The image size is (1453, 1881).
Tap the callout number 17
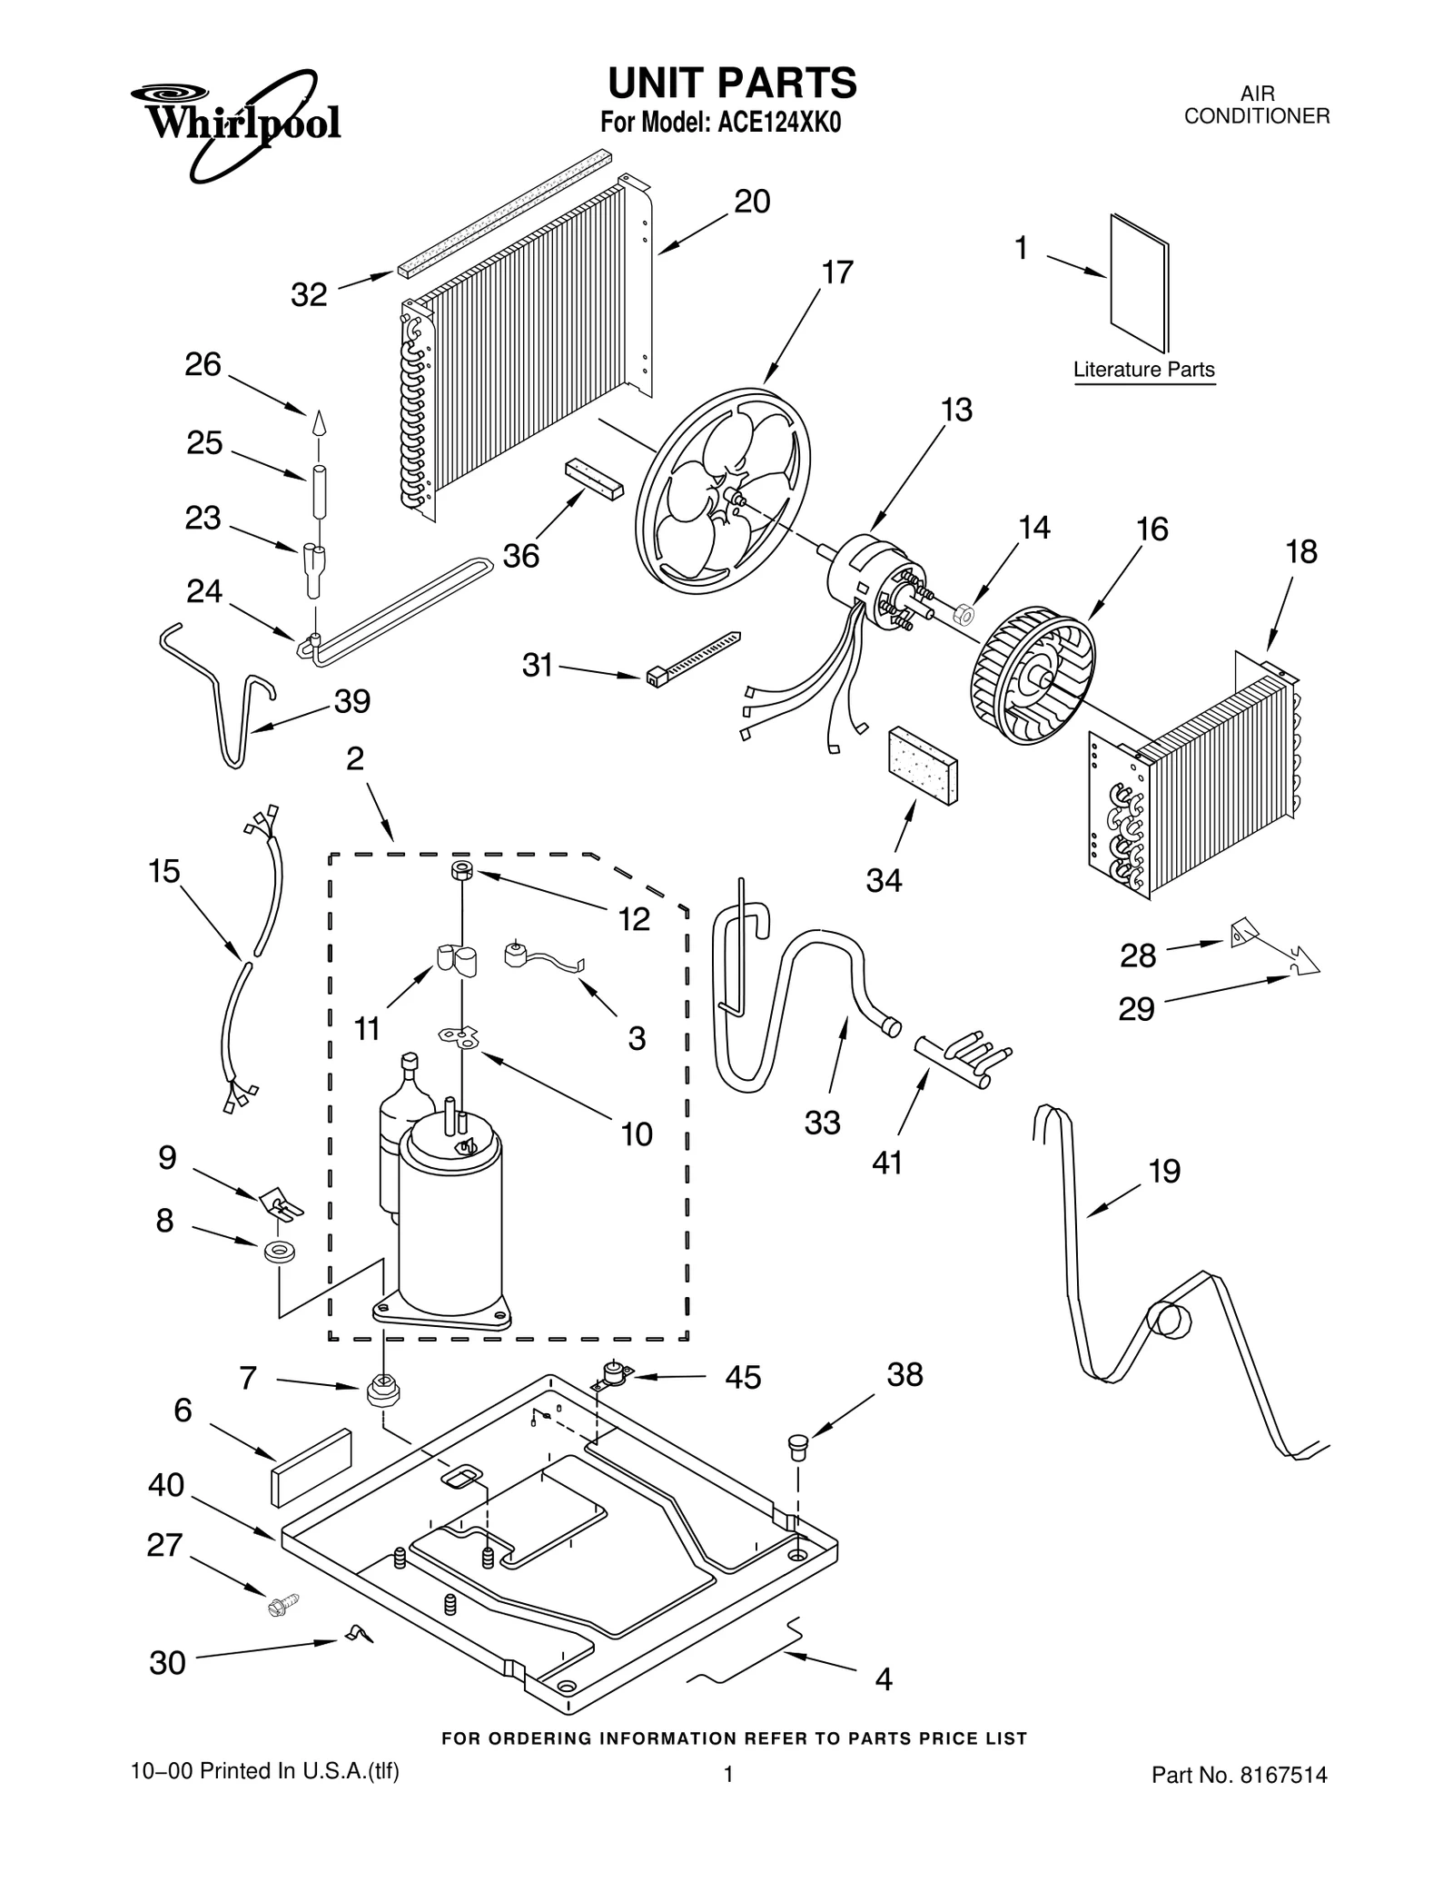point(837,272)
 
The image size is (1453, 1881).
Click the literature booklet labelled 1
point(1139,282)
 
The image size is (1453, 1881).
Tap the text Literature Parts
point(1143,370)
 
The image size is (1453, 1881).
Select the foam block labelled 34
point(923,765)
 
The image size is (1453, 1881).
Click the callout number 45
point(743,1378)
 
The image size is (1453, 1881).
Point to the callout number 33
point(823,1123)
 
